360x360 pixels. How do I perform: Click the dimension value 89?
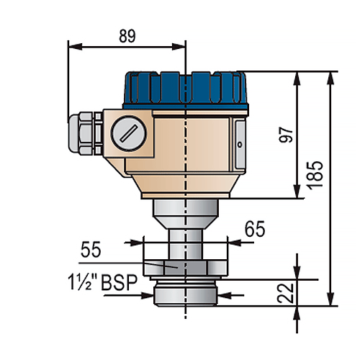pos(127,36)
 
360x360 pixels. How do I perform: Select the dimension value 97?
pos(287,135)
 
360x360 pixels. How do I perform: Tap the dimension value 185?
pos(315,176)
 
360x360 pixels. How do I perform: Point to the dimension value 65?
pos(255,229)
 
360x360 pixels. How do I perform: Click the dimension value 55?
pos(91,250)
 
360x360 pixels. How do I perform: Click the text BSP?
pos(120,283)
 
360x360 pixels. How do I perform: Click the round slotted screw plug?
pos(129,133)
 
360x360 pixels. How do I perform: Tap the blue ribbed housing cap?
pos(186,90)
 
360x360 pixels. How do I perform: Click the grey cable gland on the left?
pos(86,133)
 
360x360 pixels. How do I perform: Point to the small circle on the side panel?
pos(240,144)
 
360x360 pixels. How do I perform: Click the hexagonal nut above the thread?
pos(185,268)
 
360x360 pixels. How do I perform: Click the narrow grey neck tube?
pos(185,244)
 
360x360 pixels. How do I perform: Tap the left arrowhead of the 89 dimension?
pos(75,47)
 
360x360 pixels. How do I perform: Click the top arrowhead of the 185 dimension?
pos(330,78)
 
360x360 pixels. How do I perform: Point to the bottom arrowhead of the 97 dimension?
pos(297,192)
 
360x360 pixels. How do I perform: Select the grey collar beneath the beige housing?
pos(186,214)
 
